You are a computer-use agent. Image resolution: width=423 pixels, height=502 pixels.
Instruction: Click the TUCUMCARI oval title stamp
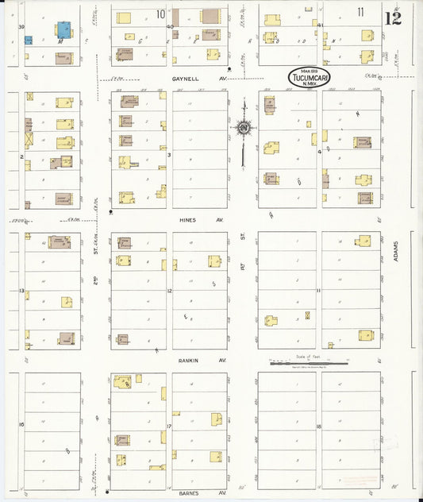point(310,77)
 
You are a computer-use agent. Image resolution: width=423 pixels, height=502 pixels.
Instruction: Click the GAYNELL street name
point(188,79)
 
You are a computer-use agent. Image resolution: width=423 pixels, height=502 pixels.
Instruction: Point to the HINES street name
point(187,220)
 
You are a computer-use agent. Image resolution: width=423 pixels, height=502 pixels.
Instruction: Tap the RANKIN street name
point(188,361)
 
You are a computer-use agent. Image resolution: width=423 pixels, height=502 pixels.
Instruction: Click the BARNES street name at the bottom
point(188,493)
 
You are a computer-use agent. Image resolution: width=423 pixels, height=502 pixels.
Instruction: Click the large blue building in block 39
point(63,30)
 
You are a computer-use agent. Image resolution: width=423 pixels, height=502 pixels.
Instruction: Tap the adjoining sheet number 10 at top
point(160,14)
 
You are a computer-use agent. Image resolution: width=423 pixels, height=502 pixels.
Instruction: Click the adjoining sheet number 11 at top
point(360,12)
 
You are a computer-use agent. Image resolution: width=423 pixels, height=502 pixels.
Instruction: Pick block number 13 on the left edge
point(21,292)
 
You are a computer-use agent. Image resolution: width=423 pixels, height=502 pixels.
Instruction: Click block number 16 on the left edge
point(21,425)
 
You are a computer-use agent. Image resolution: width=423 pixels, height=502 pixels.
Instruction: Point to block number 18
point(317,427)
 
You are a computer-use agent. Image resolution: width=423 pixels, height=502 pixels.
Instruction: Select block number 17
point(169,426)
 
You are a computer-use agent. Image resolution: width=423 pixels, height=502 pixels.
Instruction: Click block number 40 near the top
point(170,26)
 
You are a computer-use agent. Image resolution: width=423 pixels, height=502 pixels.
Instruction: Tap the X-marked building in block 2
point(29,138)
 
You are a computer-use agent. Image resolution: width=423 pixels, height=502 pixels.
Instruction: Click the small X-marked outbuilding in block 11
point(307,315)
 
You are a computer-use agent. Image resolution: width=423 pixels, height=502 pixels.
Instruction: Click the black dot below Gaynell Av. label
point(229,69)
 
